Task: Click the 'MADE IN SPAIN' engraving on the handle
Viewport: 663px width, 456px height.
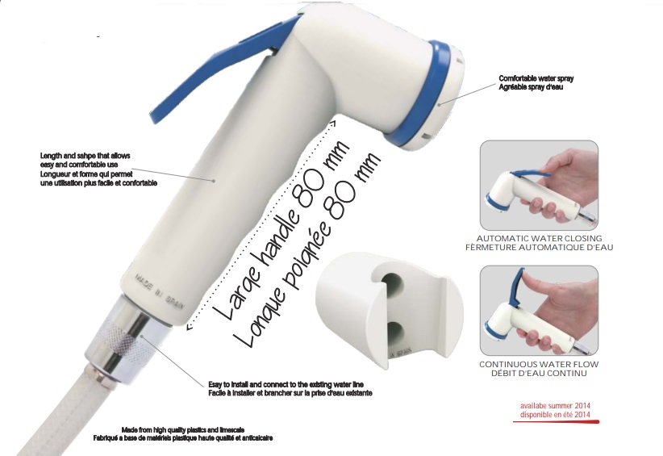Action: coord(160,292)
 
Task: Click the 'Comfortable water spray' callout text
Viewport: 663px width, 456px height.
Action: coord(536,78)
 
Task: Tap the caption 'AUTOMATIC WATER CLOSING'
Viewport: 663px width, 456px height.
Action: coord(539,239)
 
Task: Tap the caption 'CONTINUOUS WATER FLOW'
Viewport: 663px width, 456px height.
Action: coord(539,364)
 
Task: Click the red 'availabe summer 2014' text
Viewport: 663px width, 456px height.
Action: coord(555,406)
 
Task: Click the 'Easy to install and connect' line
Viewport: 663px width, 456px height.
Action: coord(286,384)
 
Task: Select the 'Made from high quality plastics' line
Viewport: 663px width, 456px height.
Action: coord(182,430)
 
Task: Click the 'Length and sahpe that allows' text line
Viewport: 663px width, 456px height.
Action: coord(85,156)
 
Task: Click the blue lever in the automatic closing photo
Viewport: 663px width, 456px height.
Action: coord(531,174)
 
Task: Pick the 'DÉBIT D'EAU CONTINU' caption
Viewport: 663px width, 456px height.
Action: coord(539,373)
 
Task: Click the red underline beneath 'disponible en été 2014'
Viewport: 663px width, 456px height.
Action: coord(557,422)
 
